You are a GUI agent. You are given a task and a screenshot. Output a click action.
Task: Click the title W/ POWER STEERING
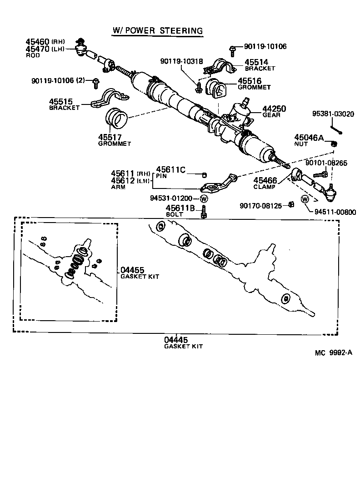pos(157,30)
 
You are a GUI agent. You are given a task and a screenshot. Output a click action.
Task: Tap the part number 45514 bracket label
pos(256,62)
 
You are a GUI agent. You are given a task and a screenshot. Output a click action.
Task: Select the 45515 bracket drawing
pos(110,98)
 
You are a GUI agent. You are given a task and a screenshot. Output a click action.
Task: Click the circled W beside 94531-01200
pos(204,198)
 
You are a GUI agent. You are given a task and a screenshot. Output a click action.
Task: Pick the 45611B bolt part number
pos(180,208)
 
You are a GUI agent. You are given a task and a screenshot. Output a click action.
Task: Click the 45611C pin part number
pos(171,169)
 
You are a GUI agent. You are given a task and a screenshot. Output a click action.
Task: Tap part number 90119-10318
pos(181,61)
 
